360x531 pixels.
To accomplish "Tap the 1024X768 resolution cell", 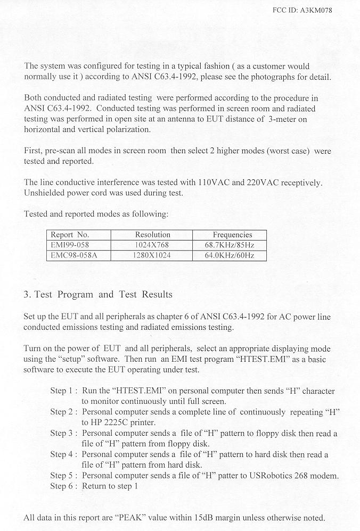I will point(152,245).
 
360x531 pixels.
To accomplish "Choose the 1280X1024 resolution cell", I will point(152,255).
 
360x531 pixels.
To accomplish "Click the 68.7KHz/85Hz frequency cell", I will point(230,245).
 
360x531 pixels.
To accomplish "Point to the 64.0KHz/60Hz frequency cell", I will point(230,255).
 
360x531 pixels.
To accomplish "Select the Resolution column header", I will point(152,235).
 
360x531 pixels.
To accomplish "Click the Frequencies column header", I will point(232,235).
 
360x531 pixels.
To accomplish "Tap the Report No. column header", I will point(70,235).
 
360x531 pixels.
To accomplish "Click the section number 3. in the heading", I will point(28,294).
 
